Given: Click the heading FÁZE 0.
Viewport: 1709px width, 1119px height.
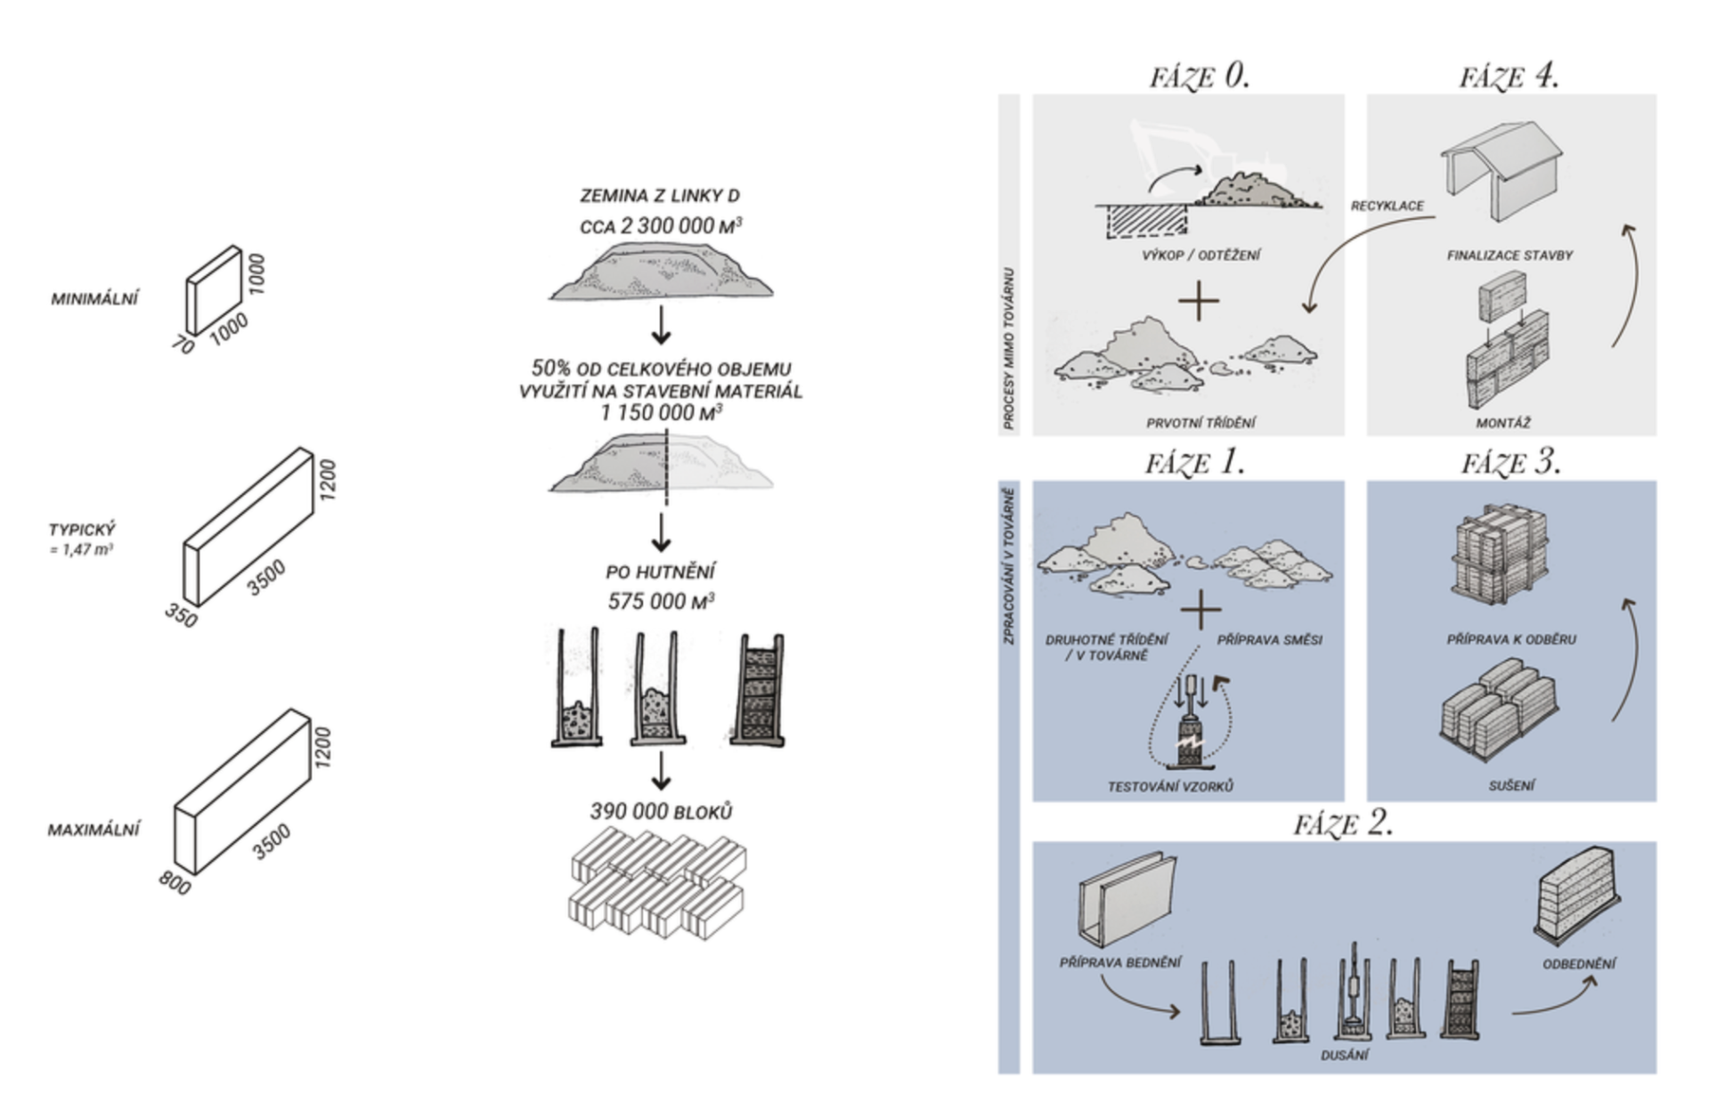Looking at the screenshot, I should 1199,77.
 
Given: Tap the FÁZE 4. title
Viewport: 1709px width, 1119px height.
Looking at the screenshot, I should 1509,77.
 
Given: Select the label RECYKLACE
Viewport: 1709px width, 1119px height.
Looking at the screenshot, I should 1387,206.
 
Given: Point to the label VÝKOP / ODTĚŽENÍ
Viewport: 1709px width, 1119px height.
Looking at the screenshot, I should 1200,255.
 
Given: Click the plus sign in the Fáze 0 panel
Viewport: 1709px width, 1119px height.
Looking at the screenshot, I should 1199,301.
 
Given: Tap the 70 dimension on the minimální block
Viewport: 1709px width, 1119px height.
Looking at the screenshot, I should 183,345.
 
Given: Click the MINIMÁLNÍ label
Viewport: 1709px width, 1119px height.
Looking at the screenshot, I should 94,299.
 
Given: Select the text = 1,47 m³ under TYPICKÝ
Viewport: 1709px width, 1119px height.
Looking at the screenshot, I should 81,550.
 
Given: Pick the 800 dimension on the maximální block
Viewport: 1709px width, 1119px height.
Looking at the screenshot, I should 175,882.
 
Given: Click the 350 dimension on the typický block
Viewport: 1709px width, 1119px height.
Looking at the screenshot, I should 181,614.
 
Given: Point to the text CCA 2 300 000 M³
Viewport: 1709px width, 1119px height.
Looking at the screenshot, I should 660,226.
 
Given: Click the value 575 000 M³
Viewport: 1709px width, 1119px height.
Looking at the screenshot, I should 660,602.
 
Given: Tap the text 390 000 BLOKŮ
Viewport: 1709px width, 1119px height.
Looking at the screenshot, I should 660,812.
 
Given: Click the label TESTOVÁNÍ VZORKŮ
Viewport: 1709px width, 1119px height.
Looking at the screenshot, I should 1169,787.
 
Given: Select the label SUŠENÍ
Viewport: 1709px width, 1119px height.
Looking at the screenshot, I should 1511,786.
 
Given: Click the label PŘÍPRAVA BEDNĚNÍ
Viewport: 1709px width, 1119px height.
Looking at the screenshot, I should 1120,962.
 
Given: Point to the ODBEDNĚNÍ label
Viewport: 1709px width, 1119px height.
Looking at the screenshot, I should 1579,964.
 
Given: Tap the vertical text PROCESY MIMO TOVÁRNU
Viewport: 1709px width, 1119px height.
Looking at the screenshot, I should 1009,348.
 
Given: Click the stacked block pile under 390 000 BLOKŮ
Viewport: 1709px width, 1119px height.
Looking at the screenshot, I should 657,881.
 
